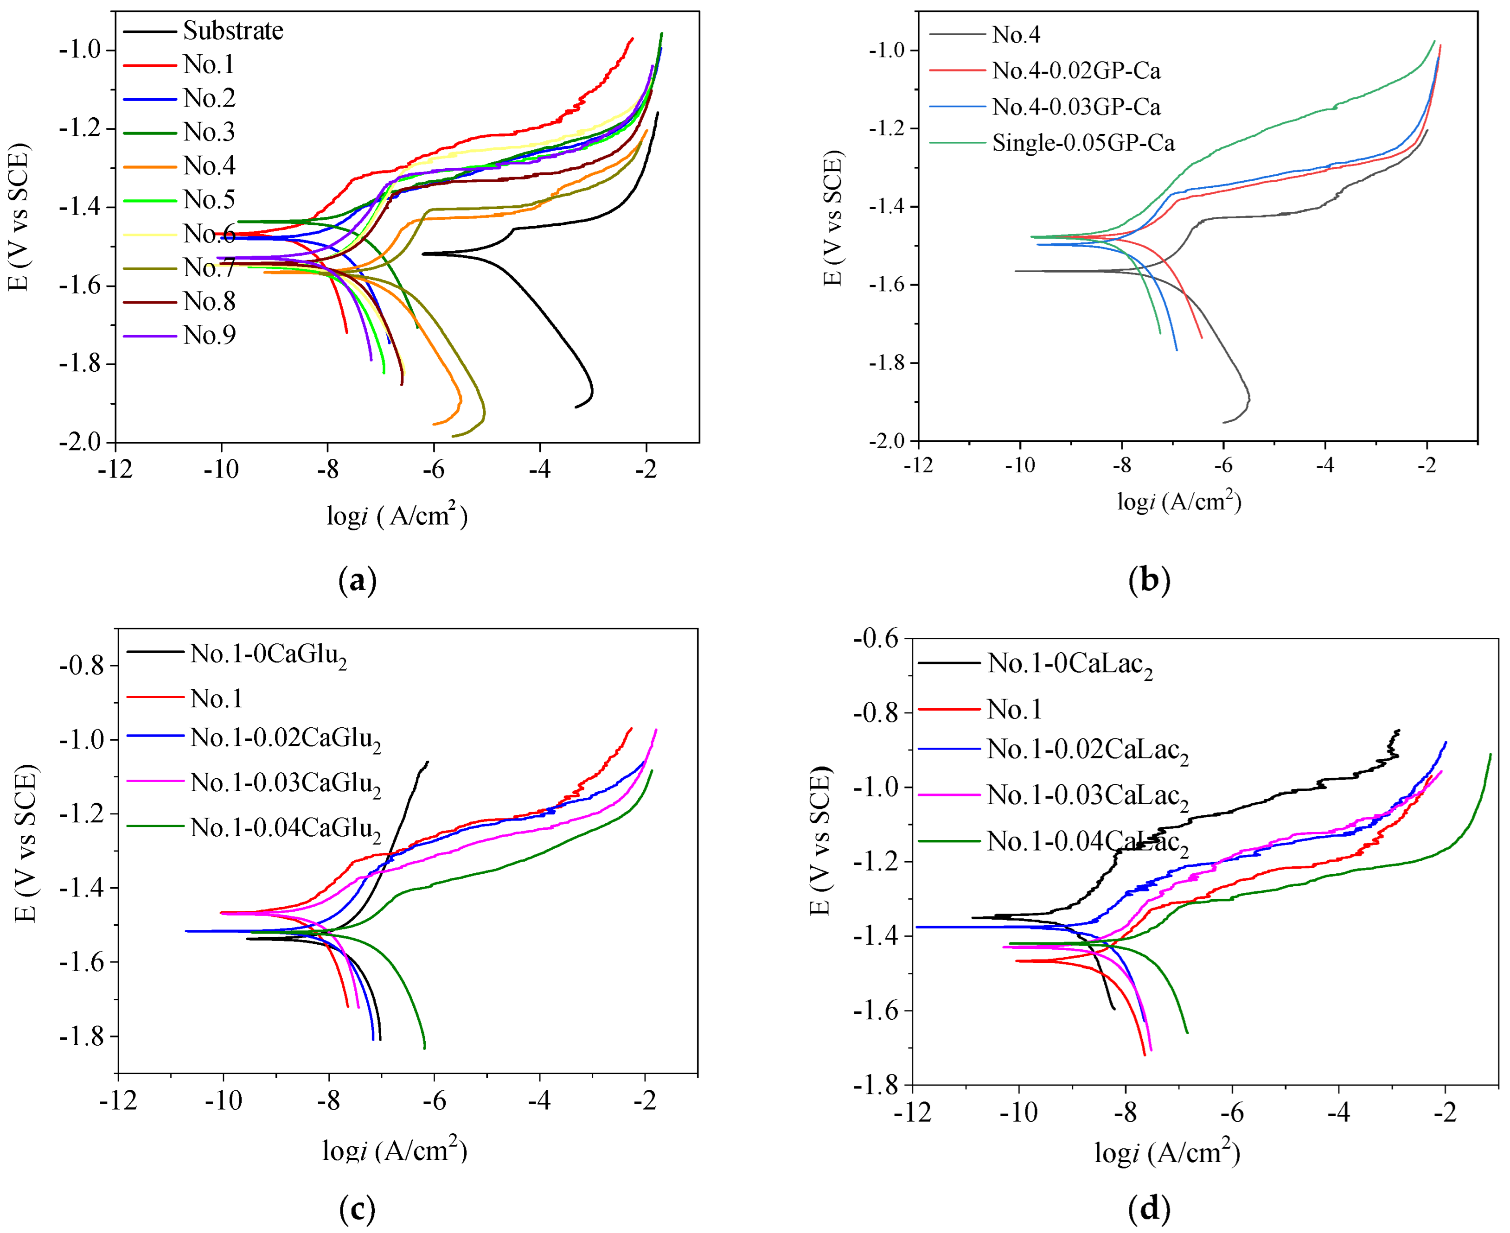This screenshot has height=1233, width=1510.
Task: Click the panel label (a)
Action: [358, 581]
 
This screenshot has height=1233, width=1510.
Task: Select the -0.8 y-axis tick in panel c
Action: [83, 666]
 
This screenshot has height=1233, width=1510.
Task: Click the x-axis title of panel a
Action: [397, 515]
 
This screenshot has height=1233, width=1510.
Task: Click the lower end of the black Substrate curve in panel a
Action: [576, 407]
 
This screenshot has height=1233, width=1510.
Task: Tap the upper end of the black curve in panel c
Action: [427, 762]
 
